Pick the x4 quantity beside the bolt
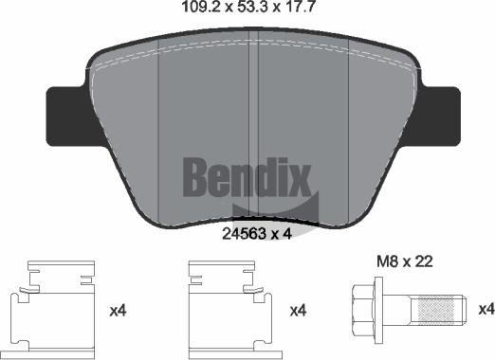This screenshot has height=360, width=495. tap(485, 310)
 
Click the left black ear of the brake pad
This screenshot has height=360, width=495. tap(64, 114)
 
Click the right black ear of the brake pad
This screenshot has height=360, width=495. tap(432, 114)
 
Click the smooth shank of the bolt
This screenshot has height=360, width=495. tap(401, 309)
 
